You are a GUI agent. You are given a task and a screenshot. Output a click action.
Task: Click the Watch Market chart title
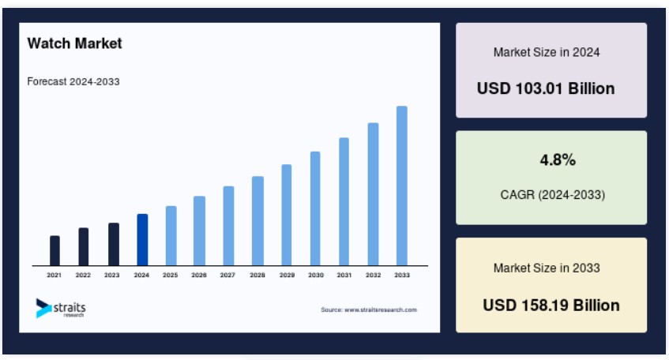coord(75,43)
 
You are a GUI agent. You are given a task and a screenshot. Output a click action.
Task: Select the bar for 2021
coord(54,251)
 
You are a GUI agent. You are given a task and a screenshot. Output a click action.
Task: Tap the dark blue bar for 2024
coord(142,240)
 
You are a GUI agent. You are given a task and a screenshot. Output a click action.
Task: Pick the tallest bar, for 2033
coord(402,186)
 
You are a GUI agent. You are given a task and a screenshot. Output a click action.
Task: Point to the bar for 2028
coord(257,221)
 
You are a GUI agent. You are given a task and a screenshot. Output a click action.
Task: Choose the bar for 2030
coord(315,208)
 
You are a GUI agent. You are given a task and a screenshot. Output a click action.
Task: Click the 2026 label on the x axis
coord(199,275)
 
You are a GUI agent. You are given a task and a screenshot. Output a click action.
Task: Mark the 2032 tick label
coord(373,275)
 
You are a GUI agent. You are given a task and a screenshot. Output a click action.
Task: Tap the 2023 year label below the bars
coord(112,275)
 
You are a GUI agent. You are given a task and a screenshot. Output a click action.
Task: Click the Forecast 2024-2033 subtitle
coord(73,81)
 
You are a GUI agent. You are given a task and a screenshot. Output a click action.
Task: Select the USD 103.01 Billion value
coord(546,88)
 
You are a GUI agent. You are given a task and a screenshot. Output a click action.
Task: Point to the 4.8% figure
coord(558,160)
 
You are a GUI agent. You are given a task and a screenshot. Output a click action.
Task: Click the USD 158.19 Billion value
coord(551,306)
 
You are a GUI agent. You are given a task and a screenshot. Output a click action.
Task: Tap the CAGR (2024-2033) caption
coord(553,195)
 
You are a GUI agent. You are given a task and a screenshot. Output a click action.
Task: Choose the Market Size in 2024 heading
coord(547,52)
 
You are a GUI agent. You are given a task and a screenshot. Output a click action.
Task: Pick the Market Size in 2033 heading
coord(547,268)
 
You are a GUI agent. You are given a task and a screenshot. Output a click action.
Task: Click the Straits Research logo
coord(61,308)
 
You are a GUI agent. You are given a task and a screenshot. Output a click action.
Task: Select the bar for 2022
coord(84,246)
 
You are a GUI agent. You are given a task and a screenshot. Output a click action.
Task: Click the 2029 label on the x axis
coord(288,275)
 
